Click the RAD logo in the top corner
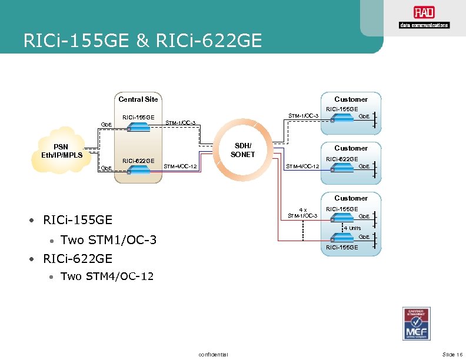[x=424, y=18]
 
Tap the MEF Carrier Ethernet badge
[x=420, y=324]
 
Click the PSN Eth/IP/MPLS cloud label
[x=61, y=151]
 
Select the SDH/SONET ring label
[x=242, y=149]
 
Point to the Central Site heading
[x=138, y=99]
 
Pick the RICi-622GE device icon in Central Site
[x=137, y=170]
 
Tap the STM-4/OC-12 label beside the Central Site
[x=180, y=166]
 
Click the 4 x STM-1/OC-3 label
[x=302, y=212]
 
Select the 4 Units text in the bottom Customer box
[x=352, y=228]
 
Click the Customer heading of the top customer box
[x=351, y=99]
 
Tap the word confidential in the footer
[x=214, y=354]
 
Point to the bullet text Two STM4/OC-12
[x=107, y=276]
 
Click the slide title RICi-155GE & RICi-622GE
[x=141, y=41]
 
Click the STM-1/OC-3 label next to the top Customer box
[x=302, y=115]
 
